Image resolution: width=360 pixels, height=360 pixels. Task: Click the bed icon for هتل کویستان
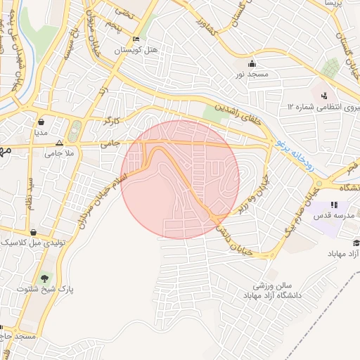coord(136,39)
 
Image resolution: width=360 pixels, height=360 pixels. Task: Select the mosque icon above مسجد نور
coord(251,64)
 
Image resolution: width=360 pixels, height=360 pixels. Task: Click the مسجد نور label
coord(251,74)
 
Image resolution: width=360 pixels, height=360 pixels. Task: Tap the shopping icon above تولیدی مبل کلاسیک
coord(33,231)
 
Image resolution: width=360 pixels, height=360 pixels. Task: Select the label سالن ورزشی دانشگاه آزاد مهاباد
coord(273,292)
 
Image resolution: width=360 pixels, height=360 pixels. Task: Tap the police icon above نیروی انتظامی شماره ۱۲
coord(323,96)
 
